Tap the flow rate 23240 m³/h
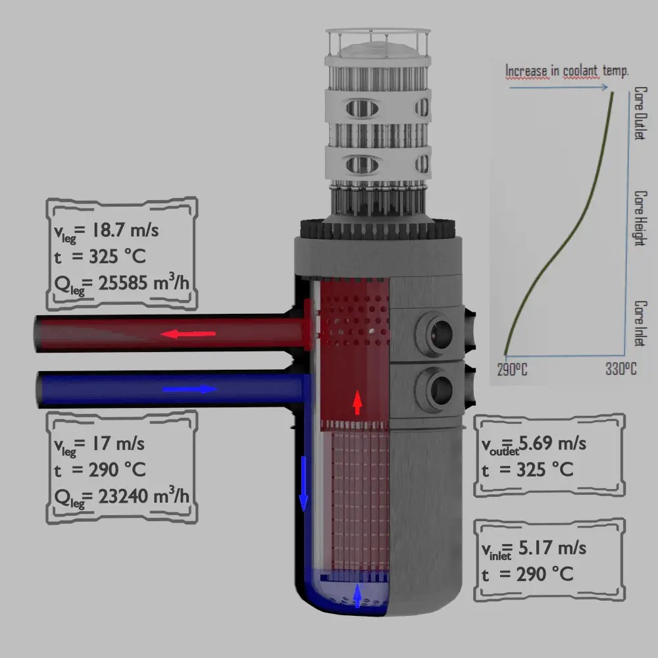tap(138, 495)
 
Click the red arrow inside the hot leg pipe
tap(189, 334)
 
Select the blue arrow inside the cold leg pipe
tap(190, 390)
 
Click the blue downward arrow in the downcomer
tap(303, 484)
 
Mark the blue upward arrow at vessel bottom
tap(357, 595)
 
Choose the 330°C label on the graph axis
tap(620, 369)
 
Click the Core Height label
tap(639, 218)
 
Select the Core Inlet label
tap(639, 322)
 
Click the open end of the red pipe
tap(41, 334)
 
